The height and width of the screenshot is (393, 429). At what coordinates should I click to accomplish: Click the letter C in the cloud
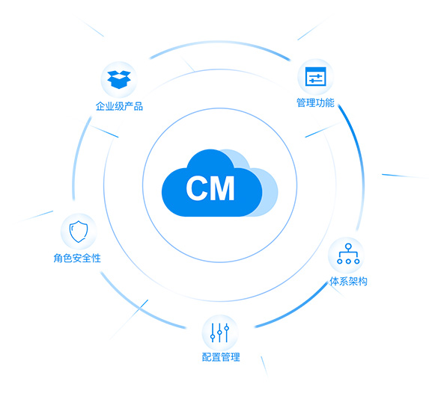click(x=196, y=188)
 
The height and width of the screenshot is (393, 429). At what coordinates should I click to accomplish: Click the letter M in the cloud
click(x=222, y=188)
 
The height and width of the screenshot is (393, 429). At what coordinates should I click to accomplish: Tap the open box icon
click(x=119, y=79)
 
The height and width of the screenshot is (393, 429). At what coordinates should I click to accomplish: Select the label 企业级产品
click(x=119, y=106)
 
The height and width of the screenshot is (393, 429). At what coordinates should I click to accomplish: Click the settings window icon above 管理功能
click(x=315, y=76)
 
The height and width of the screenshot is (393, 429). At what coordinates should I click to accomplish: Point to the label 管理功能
click(x=315, y=102)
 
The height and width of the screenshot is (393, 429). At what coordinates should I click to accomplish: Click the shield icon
click(x=79, y=232)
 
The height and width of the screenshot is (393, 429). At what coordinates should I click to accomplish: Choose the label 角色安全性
click(x=77, y=258)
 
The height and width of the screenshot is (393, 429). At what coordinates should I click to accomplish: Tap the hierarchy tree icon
click(x=348, y=254)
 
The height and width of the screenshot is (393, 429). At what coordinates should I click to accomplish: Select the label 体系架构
click(x=348, y=281)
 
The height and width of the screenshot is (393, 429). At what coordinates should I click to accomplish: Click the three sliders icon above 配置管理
click(x=219, y=332)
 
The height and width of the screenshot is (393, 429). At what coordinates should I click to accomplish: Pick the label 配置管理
click(x=221, y=357)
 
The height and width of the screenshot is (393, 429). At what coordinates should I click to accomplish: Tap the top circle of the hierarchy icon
click(x=348, y=247)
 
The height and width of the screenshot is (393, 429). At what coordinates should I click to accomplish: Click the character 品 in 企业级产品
click(x=139, y=106)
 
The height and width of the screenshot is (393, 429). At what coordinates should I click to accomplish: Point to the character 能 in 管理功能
click(x=330, y=102)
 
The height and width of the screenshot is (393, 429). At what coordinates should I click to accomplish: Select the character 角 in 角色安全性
click(x=58, y=258)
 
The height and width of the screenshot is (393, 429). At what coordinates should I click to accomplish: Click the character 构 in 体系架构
click(x=363, y=281)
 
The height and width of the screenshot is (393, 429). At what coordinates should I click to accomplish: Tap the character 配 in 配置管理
click(x=207, y=357)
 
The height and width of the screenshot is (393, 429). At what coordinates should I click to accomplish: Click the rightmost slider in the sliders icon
click(x=227, y=332)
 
